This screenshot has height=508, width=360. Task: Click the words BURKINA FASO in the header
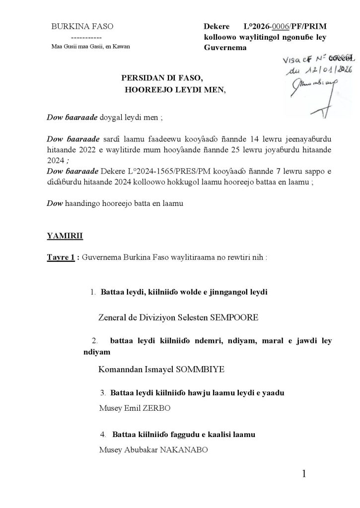click(86, 28)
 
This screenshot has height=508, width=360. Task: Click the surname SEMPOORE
click(232, 317)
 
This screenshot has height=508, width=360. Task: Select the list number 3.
click(102, 393)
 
